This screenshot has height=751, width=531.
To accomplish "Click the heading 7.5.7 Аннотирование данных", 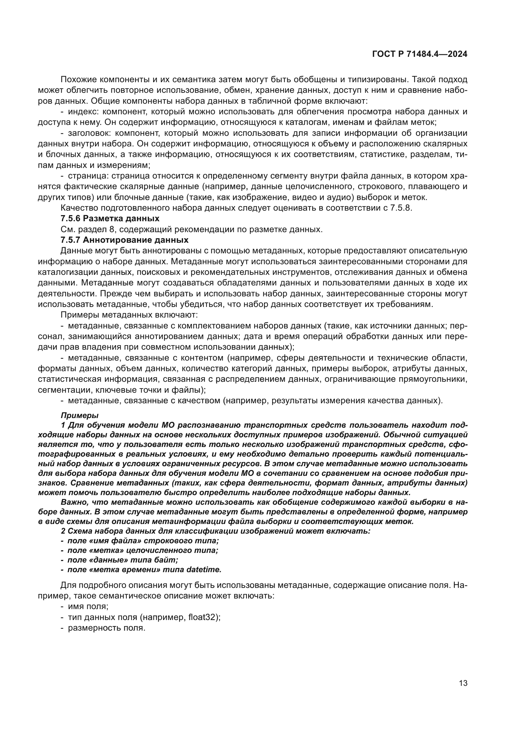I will tap(124, 240).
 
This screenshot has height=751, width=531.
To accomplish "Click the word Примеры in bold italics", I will tap(79, 415).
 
